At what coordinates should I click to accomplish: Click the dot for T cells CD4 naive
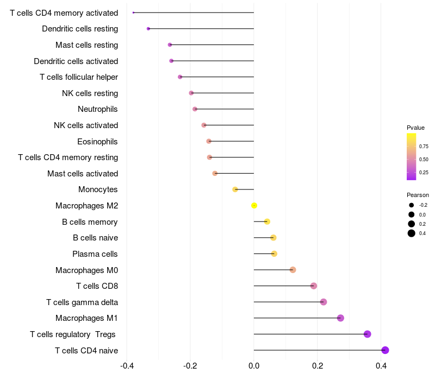click(385, 350)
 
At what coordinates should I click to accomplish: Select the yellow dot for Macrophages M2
click(254, 205)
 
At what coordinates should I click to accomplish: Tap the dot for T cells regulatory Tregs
click(367, 334)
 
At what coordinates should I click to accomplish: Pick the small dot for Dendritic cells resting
click(148, 28)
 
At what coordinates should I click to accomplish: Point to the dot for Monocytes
click(235, 189)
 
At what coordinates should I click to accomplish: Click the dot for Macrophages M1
click(340, 318)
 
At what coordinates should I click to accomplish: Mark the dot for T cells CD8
click(313, 286)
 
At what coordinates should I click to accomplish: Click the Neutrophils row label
click(98, 109)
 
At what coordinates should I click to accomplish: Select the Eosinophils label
click(98, 142)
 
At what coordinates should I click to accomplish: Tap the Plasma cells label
click(95, 254)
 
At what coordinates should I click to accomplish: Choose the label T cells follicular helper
click(79, 77)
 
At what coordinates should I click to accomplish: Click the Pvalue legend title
click(415, 128)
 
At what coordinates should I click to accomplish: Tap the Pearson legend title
click(418, 195)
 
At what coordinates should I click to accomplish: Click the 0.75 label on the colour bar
click(424, 147)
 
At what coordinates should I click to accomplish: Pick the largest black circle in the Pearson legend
click(412, 233)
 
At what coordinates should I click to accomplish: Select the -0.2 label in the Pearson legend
click(423, 205)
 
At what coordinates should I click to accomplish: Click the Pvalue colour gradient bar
click(412, 156)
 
